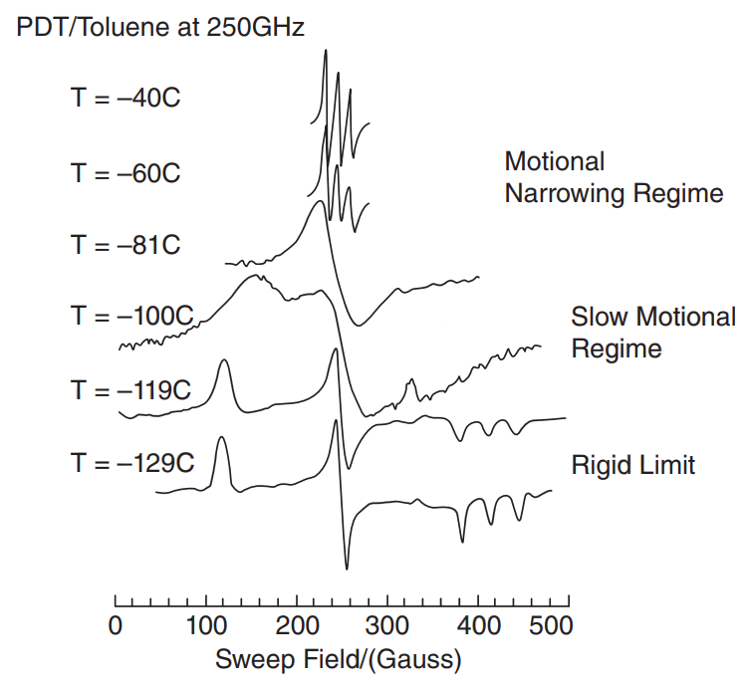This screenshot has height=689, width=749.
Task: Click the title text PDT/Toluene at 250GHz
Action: coord(160,27)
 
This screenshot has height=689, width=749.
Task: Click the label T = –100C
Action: coord(131,317)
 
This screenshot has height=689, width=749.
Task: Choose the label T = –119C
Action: coord(130,389)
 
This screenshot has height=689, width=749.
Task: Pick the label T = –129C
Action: coord(131,463)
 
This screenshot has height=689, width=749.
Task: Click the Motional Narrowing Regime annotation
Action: coord(614,177)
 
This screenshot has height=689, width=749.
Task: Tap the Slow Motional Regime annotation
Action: coord(652,334)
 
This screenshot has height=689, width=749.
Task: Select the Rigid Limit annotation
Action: coord(632,464)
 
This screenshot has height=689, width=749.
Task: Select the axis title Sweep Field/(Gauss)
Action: coord(338,659)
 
